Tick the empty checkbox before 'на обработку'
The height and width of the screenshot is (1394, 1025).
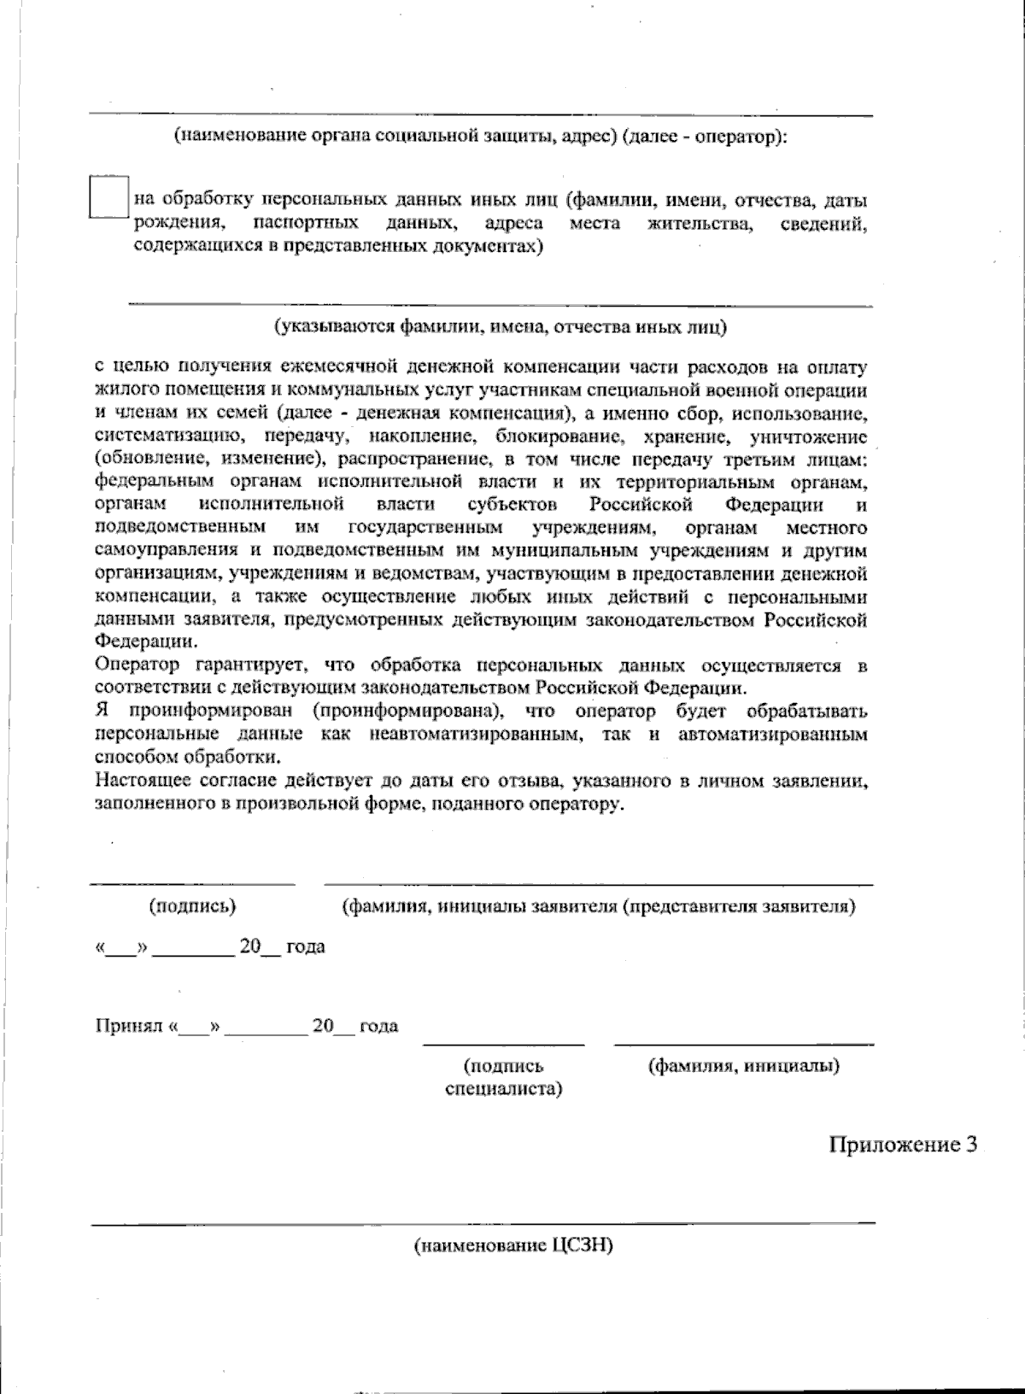(x=108, y=197)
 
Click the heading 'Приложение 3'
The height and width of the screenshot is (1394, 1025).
(x=902, y=1145)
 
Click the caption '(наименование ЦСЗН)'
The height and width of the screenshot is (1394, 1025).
(x=513, y=1246)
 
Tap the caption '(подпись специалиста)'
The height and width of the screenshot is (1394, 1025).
(x=503, y=1078)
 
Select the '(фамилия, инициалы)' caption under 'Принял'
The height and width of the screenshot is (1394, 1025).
(x=743, y=1066)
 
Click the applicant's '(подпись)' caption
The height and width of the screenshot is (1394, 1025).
(x=192, y=906)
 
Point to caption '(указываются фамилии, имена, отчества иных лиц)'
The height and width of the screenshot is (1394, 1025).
(x=500, y=326)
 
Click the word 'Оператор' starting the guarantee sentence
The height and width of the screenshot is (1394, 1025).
(x=138, y=665)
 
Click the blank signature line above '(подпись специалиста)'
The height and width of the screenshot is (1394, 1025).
(x=503, y=1043)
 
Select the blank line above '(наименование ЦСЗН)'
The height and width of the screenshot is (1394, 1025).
(x=483, y=1222)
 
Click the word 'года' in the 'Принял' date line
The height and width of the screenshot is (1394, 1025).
(x=378, y=1026)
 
